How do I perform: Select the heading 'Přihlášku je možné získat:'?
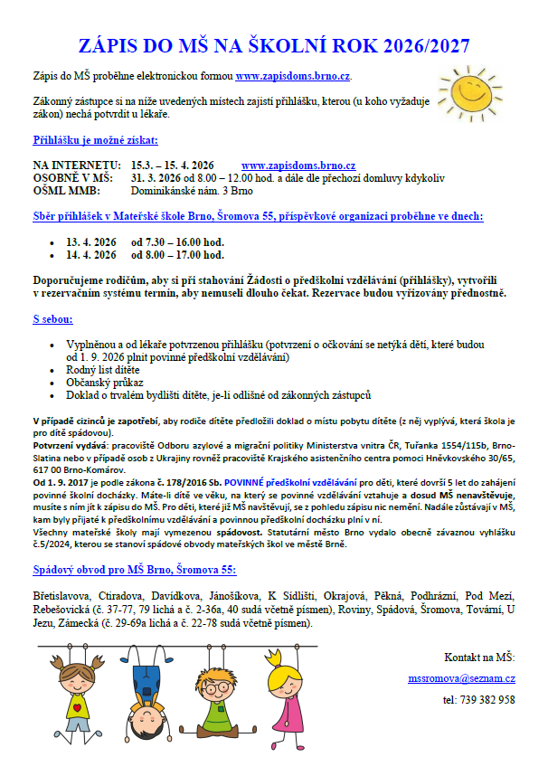point(95,140)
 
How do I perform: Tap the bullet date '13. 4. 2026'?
point(91,242)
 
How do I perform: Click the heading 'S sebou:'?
point(53,319)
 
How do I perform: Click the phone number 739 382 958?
point(478,700)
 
